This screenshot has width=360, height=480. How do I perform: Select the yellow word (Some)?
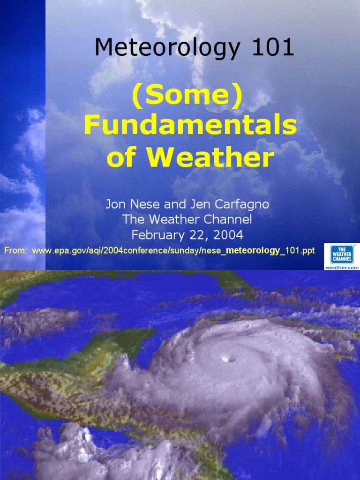(187, 96)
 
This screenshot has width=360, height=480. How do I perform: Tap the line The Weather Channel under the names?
(187, 219)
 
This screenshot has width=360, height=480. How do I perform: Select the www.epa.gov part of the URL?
(56, 251)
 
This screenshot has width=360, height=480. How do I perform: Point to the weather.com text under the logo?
(342, 267)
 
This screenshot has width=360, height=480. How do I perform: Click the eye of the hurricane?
(230, 360)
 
